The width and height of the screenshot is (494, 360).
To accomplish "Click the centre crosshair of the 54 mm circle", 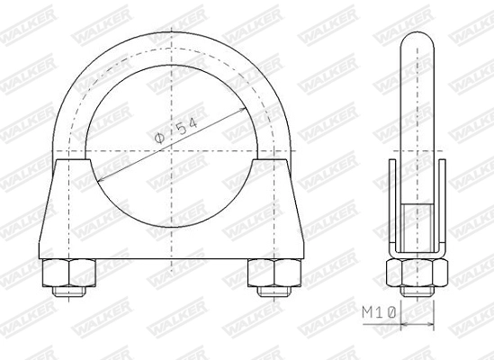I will click(170, 146).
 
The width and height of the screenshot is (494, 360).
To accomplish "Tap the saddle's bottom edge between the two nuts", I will click(170, 262).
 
